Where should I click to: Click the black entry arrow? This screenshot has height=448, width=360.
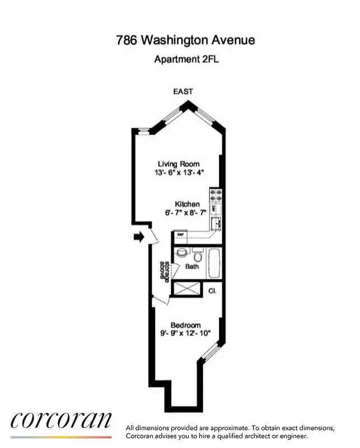[138, 237]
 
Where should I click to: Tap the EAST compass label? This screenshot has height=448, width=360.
[183, 91]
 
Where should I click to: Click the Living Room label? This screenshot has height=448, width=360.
[179, 164]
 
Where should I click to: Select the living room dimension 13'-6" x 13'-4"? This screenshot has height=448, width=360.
[179, 172]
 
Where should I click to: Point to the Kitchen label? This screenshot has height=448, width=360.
[187, 204]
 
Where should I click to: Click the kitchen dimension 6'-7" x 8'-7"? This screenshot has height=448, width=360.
[186, 213]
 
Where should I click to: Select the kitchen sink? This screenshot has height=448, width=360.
[216, 225]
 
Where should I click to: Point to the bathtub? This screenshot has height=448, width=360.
[215, 263]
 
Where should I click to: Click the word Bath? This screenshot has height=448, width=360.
[192, 267]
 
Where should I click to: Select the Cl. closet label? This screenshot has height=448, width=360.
[212, 291]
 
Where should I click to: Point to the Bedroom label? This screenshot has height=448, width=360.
[185, 325]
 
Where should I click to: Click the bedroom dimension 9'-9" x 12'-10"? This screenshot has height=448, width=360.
[186, 334]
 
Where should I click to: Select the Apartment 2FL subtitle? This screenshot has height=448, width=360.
[186, 59]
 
